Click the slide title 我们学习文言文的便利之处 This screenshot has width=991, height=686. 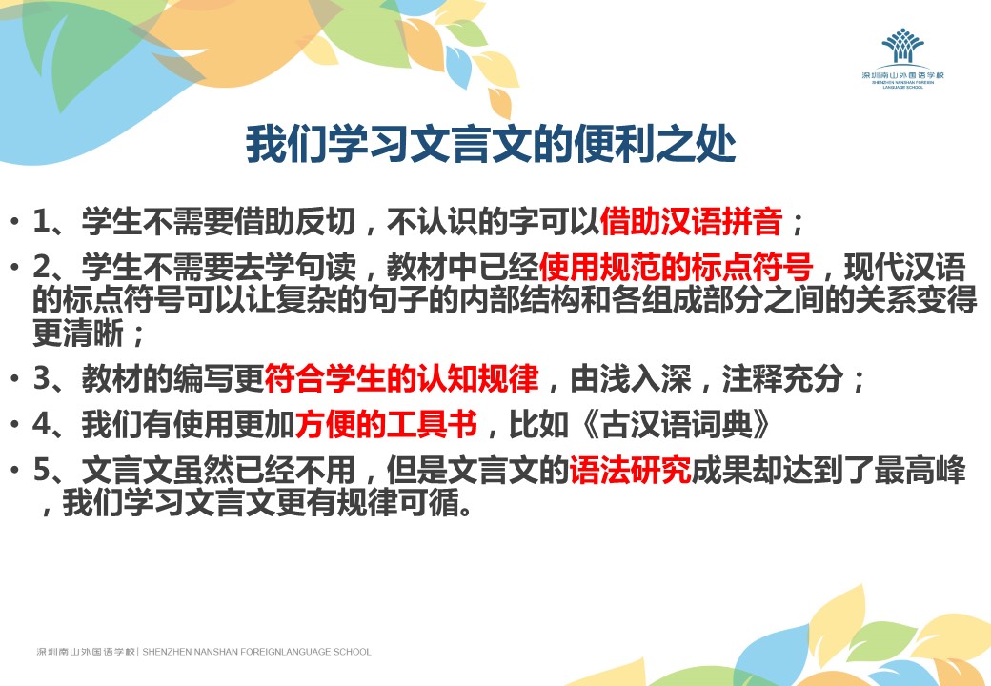click(491, 145)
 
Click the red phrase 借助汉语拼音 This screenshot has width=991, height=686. click(691, 222)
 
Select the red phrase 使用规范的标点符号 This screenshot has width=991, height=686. click(676, 267)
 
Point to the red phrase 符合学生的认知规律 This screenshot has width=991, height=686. click(401, 378)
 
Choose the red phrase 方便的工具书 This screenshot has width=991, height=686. click(386, 424)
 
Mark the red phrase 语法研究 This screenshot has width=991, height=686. click(630, 471)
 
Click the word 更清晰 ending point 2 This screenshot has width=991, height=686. click(78, 333)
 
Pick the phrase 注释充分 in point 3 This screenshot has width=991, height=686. click(783, 378)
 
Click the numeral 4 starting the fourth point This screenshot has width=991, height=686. click(41, 425)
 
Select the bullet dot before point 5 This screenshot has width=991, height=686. click(14, 471)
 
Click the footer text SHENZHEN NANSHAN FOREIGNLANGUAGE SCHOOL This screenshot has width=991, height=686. click(256, 652)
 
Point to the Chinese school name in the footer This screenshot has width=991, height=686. click(86, 652)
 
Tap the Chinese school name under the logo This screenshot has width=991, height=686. click(902, 75)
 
